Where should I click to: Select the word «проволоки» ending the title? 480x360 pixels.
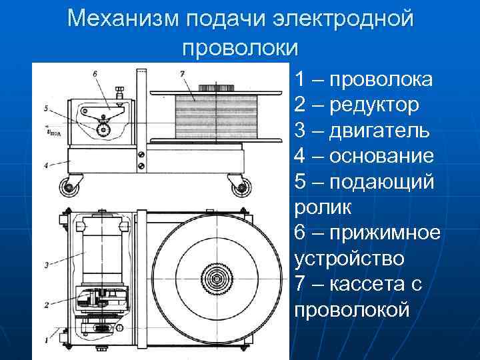point(240,47)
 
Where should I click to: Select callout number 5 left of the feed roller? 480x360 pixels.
point(45,108)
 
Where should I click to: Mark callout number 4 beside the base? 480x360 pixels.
point(45,165)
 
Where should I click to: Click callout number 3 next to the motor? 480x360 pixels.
point(45,265)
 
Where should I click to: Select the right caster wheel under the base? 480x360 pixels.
point(237,188)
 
